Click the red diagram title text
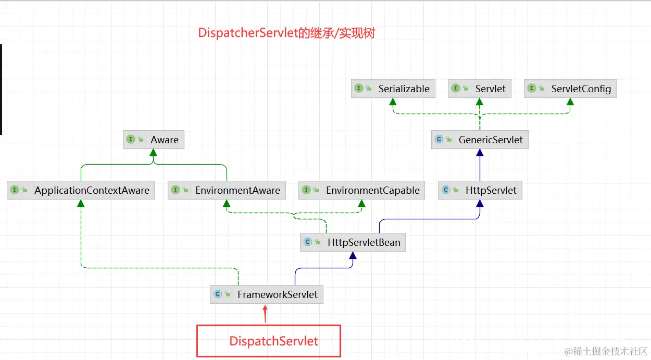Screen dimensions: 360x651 tap(286, 33)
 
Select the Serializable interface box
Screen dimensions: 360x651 tap(393, 89)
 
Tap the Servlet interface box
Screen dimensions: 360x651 tap(479, 89)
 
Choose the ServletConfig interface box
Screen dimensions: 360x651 tap(570, 89)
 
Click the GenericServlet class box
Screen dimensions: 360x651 tap(480, 140)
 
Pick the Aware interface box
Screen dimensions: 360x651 tap(154, 140)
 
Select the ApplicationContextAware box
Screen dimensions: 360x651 tap(81, 190)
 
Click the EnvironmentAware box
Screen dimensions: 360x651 tap(227, 190)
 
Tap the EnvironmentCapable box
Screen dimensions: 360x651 tap(361, 190)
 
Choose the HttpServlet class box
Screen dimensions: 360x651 tap(480, 190)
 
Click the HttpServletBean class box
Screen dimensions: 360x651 tap(353, 242)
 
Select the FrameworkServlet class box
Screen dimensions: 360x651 tap(267, 294)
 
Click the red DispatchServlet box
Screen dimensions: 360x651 tap(269, 341)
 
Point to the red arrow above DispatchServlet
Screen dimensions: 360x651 tap(265, 314)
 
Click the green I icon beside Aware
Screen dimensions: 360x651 tap(131, 140)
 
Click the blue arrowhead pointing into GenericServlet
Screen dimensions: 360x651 tap(480, 153)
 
